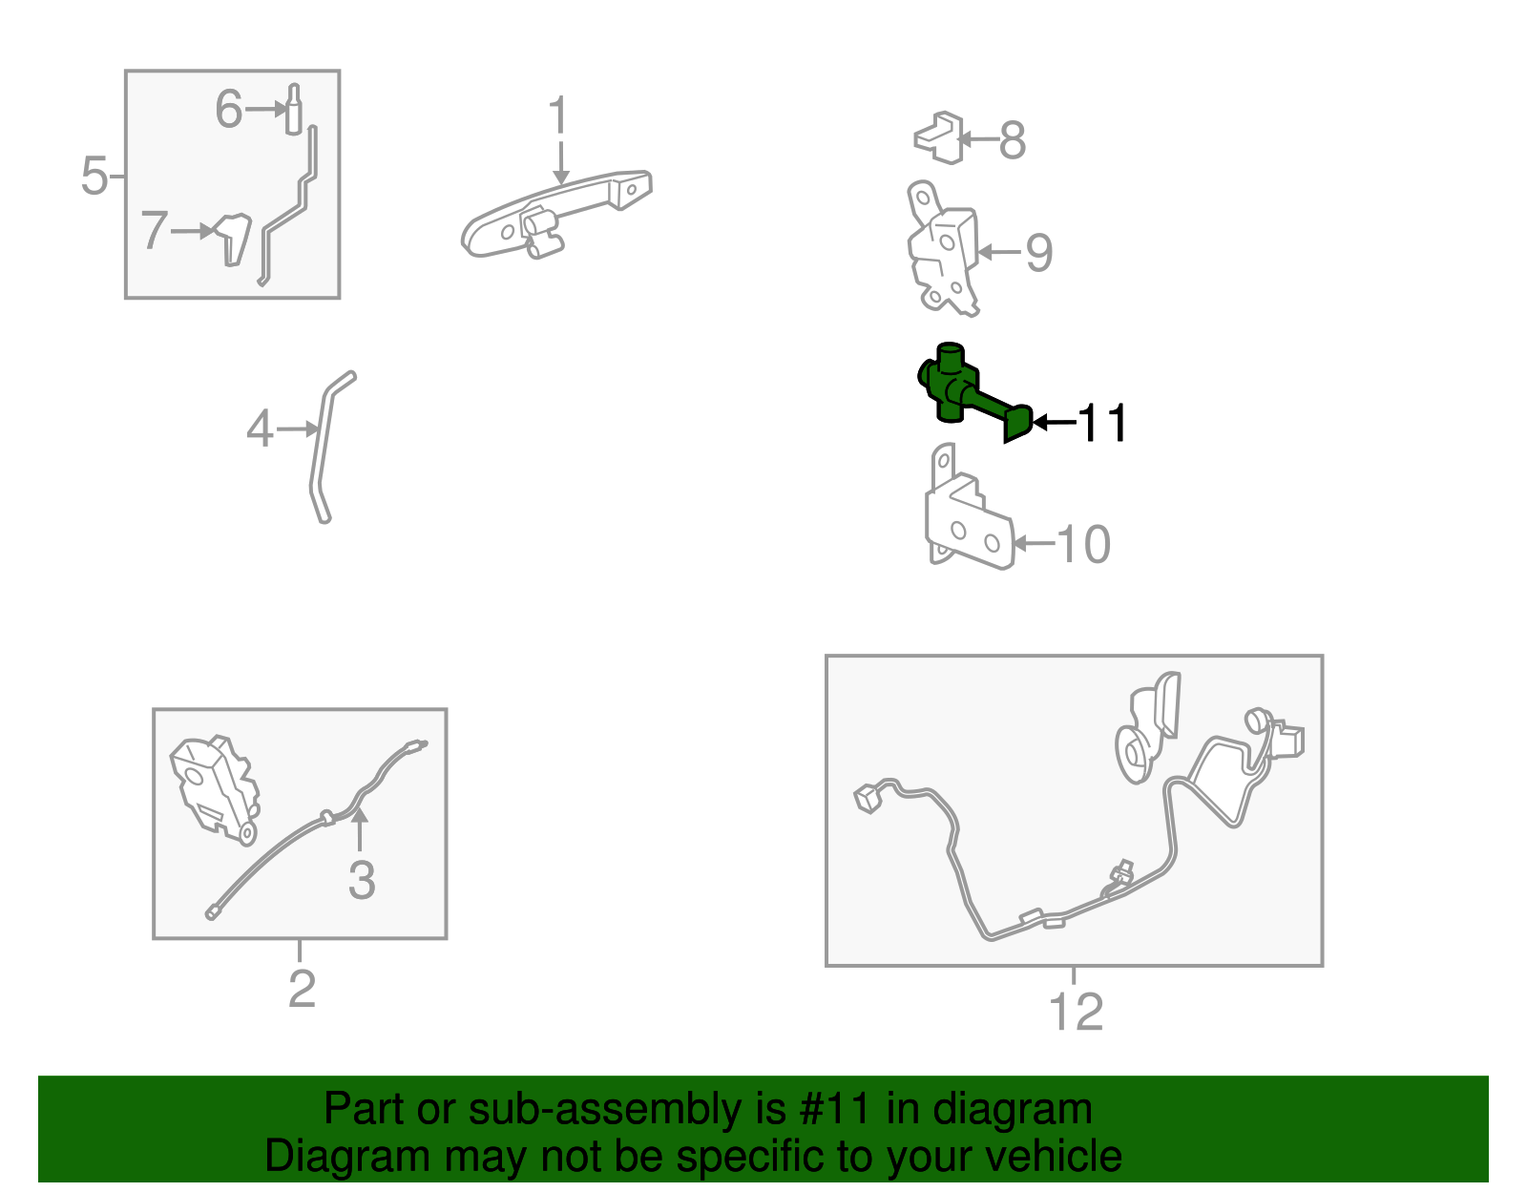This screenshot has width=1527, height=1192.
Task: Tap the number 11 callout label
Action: point(1102,423)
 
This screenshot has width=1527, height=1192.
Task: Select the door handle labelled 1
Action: point(555,213)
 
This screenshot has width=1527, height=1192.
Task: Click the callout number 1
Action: point(558,115)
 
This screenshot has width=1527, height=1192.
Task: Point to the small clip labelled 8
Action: point(938,137)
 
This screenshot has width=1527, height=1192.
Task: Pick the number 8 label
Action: point(1012,139)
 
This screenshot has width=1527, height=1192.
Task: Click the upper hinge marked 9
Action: point(942,248)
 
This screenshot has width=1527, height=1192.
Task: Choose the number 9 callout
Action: point(1039,252)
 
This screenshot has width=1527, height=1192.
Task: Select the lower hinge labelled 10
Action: point(969,507)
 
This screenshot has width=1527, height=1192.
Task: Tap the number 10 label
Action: point(1083,544)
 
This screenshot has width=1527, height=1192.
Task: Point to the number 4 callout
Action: point(260,429)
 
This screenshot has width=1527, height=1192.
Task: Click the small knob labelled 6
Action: point(294,110)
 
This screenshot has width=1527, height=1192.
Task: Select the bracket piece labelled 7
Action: point(232,240)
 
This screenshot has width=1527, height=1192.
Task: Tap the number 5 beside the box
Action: point(94,175)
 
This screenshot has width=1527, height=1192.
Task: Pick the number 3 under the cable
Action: point(362,880)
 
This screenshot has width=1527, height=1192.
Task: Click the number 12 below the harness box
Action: point(1076,1012)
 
